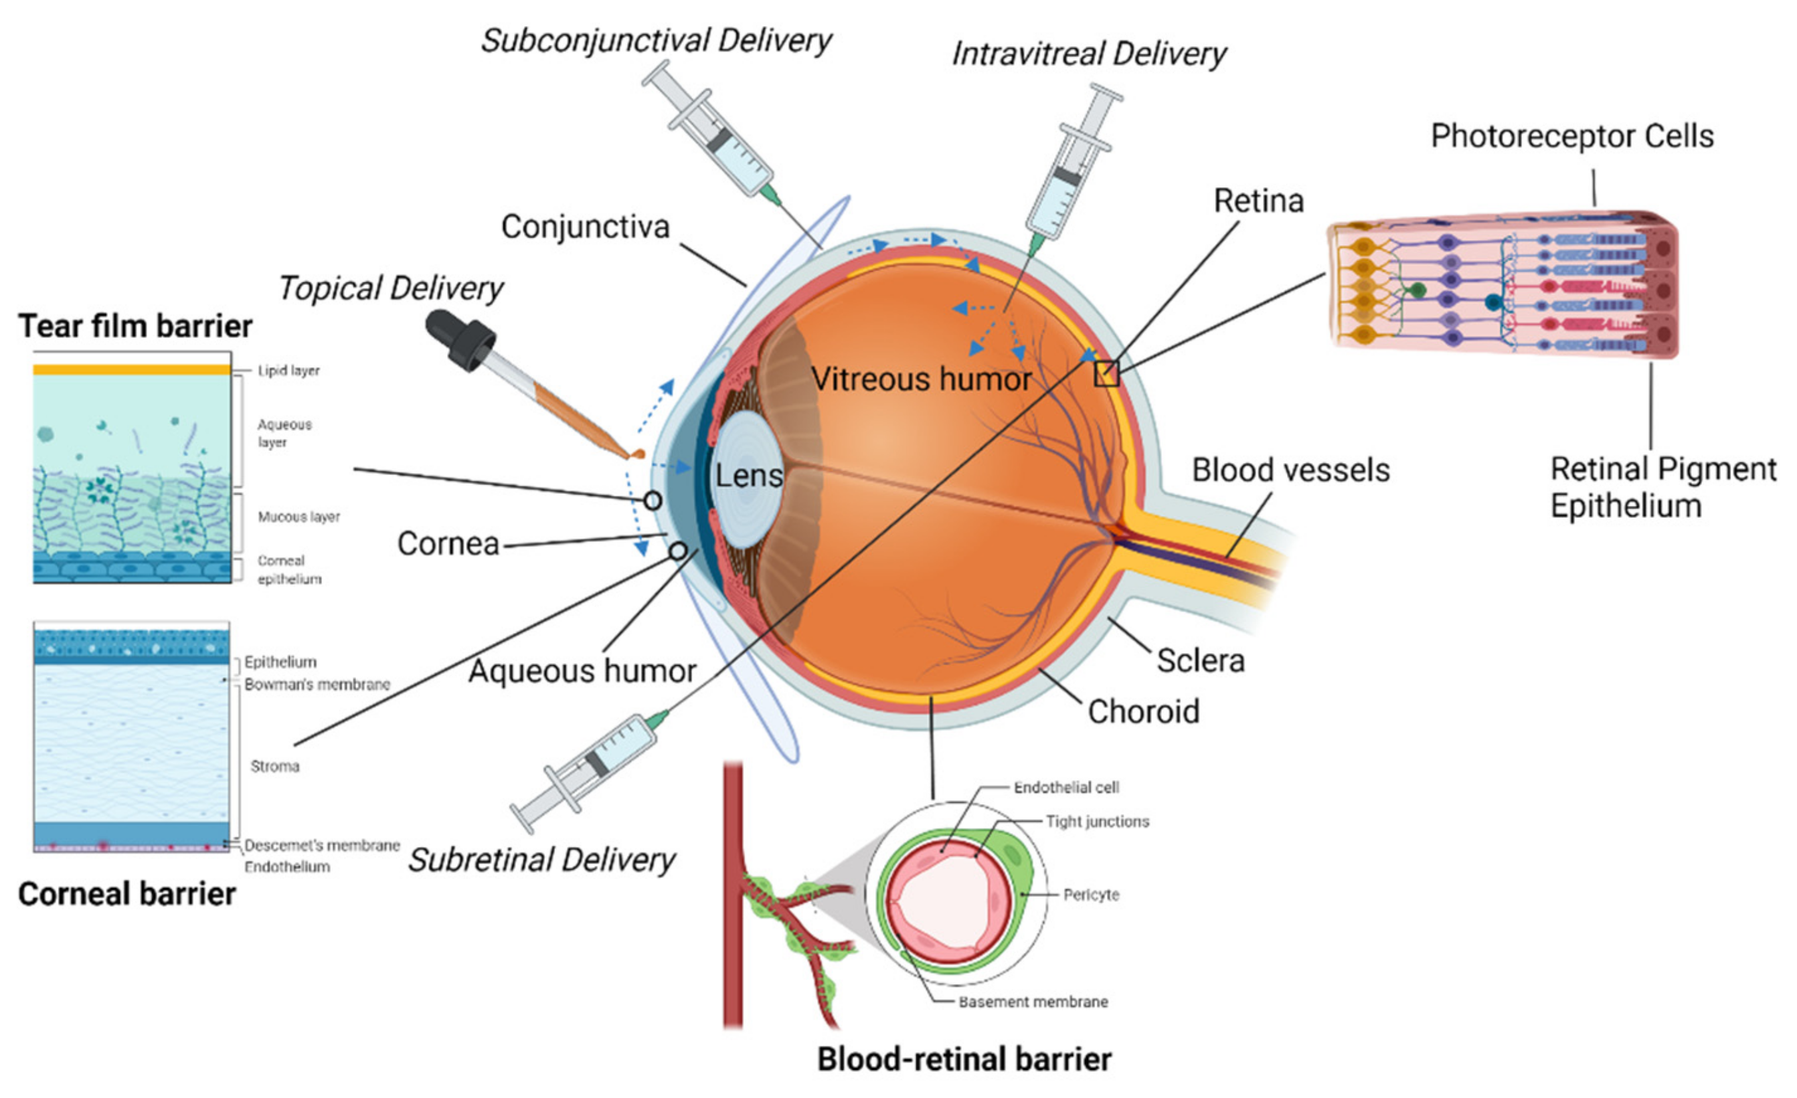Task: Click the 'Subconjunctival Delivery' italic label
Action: pos(656,40)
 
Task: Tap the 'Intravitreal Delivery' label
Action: pos(1088,54)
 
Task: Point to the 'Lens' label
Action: pos(748,476)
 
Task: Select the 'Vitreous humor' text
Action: pos(921,379)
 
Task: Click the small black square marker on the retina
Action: pos(1106,374)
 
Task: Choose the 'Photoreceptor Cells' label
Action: pos(1571,136)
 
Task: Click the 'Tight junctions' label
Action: pos(1097,822)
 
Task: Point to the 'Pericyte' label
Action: pos(1090,895)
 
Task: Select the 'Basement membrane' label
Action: pos(1033,1002)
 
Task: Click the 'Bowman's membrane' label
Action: pos(317,684)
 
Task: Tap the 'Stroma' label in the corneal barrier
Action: pos(275,766)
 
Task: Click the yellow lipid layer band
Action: pos(131,369)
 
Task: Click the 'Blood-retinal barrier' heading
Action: pos(964,1059)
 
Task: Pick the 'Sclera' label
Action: pos(1201,660)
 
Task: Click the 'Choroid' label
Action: pos(1143,711)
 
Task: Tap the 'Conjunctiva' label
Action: pos(585,227)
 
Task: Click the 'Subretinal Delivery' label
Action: pos(541,860)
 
